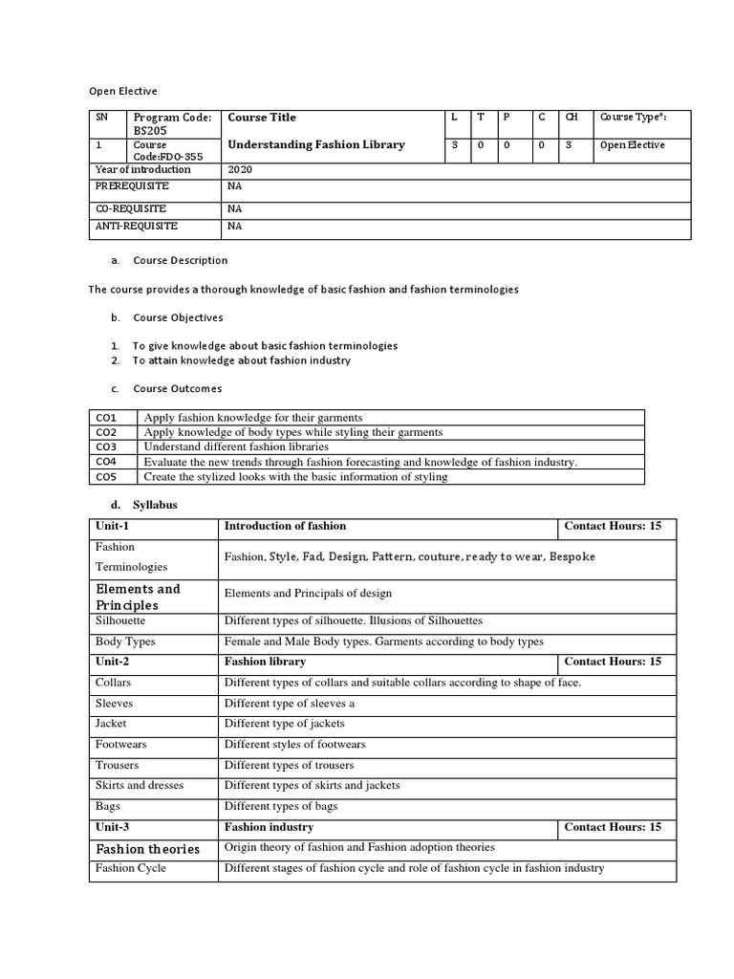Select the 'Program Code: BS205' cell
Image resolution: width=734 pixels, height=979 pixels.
point(172,124)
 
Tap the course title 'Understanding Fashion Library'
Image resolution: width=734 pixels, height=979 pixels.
point(315,145)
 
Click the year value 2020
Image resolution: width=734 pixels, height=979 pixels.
point(240,169)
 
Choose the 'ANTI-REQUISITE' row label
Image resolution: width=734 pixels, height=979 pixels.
point(136,227)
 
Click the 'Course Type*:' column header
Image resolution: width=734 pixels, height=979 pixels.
point(633,118)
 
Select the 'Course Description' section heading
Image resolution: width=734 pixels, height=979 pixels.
point(181,260)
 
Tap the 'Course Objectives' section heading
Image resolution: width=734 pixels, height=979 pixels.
point(178,317)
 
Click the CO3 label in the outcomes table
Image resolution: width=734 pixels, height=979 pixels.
point(106,446)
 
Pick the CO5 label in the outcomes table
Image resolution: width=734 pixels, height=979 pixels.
point(106,476)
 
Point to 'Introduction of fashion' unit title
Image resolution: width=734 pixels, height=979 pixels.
point(285,526)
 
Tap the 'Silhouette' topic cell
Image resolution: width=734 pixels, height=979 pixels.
point(121,620)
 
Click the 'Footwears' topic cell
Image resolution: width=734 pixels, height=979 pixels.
point(121,744)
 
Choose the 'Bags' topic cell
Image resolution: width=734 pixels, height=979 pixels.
point(107,806)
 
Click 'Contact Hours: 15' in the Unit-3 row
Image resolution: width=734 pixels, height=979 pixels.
point(613,827)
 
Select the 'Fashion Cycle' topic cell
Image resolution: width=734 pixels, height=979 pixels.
point(131,868)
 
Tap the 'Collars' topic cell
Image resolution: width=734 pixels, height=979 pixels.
point(114,682)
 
